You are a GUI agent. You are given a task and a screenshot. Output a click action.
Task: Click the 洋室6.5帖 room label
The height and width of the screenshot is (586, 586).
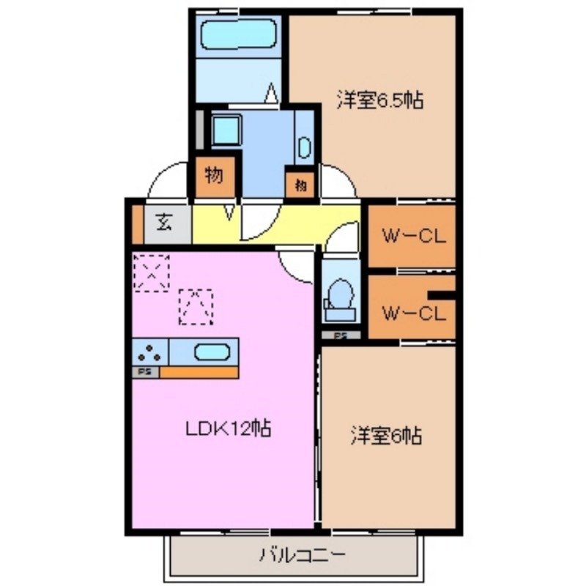tap(379, 100)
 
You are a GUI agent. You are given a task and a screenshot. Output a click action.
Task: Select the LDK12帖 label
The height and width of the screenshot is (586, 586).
tap(227, 429)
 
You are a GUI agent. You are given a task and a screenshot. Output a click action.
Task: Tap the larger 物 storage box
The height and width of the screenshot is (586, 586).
tap(215, 176)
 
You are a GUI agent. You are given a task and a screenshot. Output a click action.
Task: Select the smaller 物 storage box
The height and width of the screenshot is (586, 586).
tap(300, 185)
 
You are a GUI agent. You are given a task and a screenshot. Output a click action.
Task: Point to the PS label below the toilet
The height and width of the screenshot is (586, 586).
tap(341, 336)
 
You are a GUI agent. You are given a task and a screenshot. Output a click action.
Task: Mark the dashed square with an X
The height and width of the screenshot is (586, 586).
tap(152, 272)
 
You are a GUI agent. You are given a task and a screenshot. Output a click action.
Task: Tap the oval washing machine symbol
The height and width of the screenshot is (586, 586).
tap(304, 148)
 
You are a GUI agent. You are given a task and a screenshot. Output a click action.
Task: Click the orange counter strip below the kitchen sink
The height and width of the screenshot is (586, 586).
tap(199, 372)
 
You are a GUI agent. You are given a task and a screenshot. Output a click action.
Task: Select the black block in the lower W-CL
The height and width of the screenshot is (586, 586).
tap(442, 295)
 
